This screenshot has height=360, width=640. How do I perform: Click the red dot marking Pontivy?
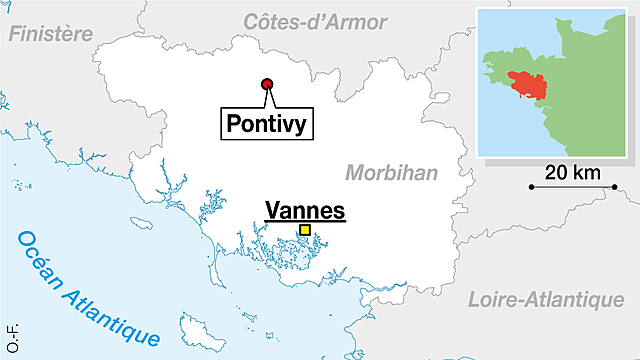[x=267, y=85]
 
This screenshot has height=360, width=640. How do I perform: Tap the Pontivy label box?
[x=265, y=124]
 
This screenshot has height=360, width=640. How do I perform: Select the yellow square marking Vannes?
[x=305, y=231]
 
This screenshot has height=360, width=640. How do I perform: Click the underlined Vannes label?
[x=304, y=210]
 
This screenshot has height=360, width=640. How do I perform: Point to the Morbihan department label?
[x=392, y=173]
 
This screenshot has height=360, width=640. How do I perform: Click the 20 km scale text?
[x=572, y=172]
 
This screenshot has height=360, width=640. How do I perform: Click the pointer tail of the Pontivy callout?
[x=272, y=99]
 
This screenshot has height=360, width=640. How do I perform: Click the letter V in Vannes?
[x=273, y=210]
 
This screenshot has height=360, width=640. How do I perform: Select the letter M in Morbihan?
[x=354, y=173]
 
